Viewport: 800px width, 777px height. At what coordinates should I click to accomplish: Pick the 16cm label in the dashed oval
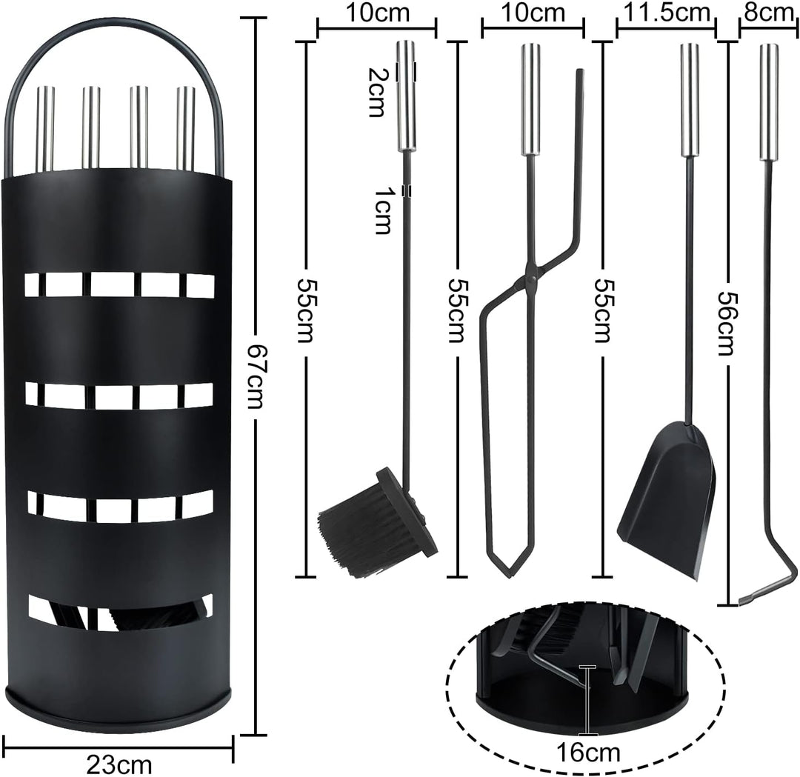(588, 753)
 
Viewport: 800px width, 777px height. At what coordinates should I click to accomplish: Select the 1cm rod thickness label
(382, 210)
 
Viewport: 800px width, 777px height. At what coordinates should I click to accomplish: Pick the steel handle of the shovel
(689, 99)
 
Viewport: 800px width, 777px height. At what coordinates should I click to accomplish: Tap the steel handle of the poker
(768, 102)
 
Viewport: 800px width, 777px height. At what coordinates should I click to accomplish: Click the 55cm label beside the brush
(304, 310)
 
